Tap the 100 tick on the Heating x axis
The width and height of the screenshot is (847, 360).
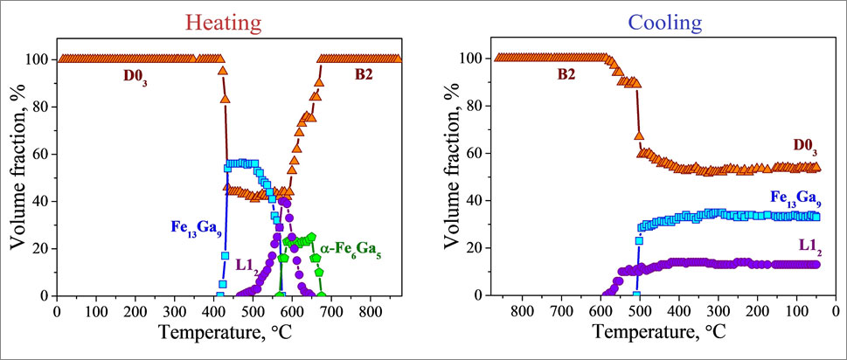click(95, 310)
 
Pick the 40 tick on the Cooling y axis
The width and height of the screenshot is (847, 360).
click(476, 201)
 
